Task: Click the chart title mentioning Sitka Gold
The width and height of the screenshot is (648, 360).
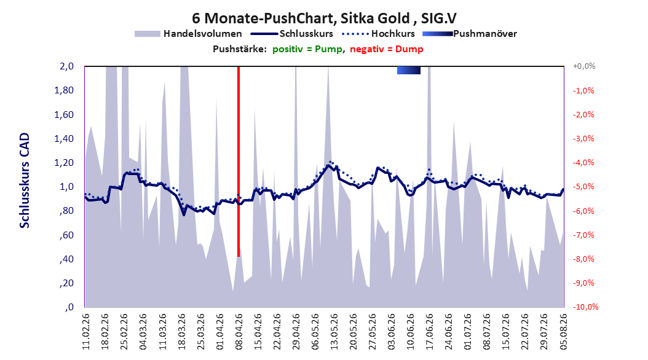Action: [324, 18]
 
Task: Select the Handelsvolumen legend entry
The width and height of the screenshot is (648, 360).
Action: [189, 34]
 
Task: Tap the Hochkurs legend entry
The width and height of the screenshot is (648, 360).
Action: [379, 34]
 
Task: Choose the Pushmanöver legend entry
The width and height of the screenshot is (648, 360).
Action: [470, 34]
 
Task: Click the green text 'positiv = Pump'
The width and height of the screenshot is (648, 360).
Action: [307, 49]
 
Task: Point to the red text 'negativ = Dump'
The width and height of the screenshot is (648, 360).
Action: [387, 49]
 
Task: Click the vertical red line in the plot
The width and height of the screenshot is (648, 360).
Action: [239, 162]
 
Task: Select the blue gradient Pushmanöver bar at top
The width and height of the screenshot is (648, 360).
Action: [409, 70]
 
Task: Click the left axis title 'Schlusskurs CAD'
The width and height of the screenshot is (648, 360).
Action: [25, 181]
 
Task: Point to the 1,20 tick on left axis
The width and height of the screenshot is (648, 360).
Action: [64, 163]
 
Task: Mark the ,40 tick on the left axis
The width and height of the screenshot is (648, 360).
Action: [66, 259]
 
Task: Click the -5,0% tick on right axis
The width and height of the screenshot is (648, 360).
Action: [583, 187]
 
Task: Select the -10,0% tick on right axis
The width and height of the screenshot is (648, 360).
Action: [585, 307]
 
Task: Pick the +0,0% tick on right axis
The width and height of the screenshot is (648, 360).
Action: [584, 66]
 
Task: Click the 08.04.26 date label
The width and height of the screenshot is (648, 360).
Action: [239, 332]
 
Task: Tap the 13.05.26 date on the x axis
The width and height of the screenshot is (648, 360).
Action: [334, 332]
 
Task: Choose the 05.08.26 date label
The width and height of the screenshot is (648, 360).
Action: [563, 332]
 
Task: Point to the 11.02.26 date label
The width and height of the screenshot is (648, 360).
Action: [85, 332]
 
